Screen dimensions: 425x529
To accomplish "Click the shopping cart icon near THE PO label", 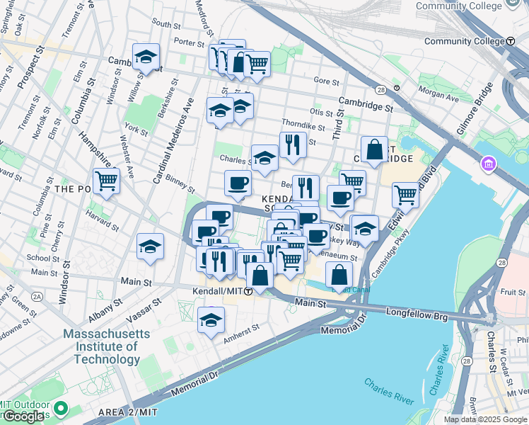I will pos(106,181).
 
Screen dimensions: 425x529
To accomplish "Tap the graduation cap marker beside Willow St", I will pos(146,57).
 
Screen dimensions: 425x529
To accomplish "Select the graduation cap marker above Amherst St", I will pos(211,320).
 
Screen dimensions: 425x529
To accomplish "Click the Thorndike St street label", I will pos(302,125).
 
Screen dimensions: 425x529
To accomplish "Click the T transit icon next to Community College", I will pos(510,41).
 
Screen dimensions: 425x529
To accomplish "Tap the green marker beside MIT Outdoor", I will pos(62,408).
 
